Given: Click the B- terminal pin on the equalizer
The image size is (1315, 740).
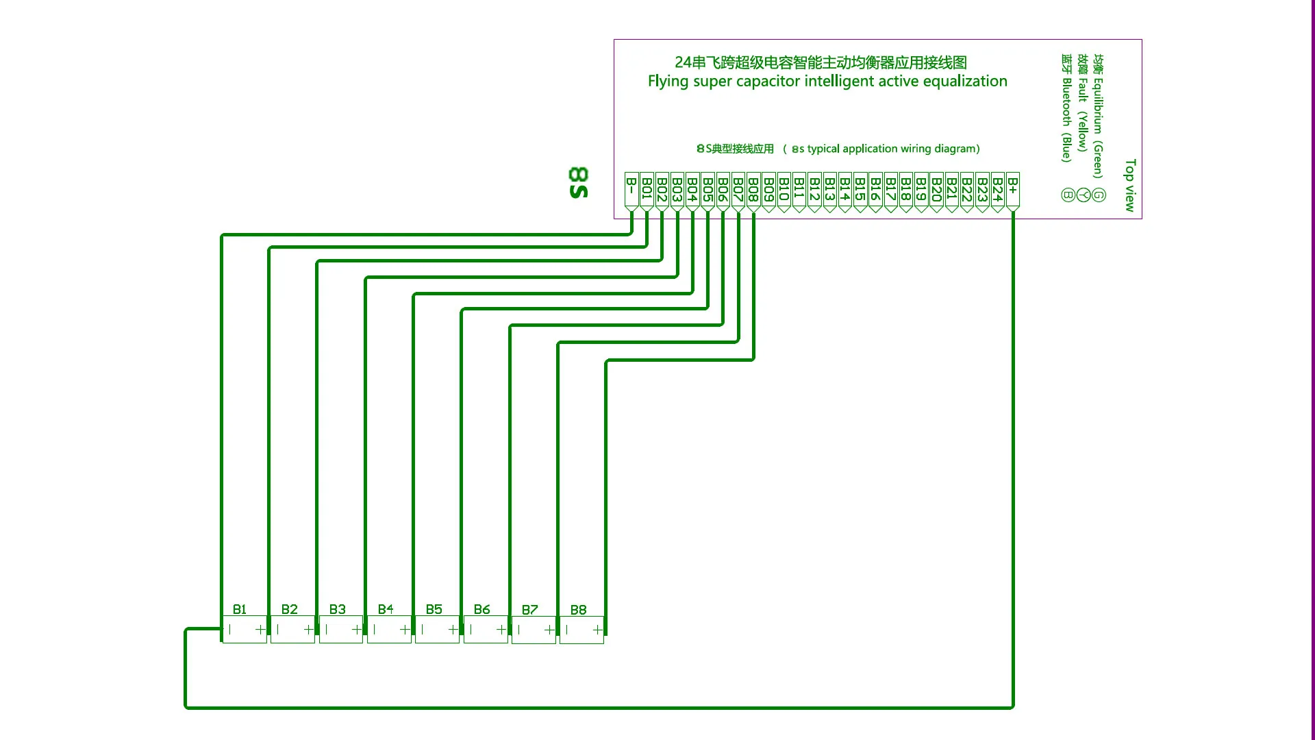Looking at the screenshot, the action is click(631, 191).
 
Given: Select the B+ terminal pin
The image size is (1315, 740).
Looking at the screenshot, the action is click(1012, 191).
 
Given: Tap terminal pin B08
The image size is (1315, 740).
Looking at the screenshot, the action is click(753, 191).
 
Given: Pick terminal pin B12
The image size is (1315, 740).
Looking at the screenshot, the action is click(814, 191).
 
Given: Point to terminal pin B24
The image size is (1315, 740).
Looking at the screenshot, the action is click(997, 191).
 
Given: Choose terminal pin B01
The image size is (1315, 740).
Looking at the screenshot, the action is click(647, 191).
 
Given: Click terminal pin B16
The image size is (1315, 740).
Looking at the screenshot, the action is click(875, 191).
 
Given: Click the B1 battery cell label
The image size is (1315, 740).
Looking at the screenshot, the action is click(239, 609).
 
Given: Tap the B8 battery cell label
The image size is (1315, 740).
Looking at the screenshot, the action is click(578, 609).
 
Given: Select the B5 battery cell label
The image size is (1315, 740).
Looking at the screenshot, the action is click(434, 609).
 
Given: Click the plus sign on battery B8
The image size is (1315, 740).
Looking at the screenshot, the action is click(598, 630).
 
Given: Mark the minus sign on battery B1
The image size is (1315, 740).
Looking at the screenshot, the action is click(229, 630).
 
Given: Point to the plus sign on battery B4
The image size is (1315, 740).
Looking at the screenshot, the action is click(405, 630).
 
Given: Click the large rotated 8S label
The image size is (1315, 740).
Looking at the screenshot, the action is click(578, 182).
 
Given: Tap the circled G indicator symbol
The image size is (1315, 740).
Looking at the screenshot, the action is click(1099, 195).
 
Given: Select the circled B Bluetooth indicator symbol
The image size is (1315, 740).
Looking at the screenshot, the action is click(1068, 195).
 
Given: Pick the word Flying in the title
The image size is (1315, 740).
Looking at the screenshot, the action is click(668, 82).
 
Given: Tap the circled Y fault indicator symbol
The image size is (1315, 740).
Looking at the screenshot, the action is click(1083, 195).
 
